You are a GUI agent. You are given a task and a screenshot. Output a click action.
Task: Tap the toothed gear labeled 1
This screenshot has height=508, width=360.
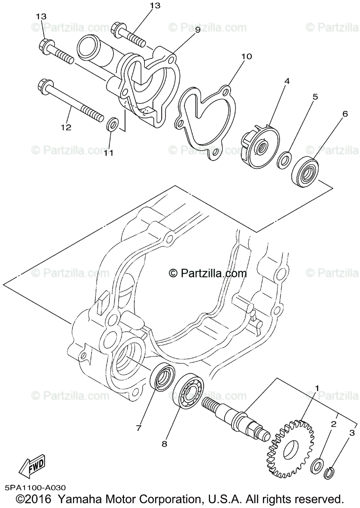coord(291,442)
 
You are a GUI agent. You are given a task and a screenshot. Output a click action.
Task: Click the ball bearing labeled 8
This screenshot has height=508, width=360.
coord(187,392)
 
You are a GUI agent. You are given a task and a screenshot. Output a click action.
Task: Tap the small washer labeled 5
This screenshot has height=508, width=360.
coord(283,160)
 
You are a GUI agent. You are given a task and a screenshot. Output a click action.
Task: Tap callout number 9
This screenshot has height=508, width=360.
coord(197,30)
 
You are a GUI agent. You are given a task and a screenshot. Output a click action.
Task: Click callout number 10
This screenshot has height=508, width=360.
coord(246,56)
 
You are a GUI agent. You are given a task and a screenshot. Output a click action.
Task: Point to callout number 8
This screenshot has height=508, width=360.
coord(164,444)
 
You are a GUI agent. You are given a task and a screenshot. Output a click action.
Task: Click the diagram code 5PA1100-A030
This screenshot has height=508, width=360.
coord(36,488)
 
